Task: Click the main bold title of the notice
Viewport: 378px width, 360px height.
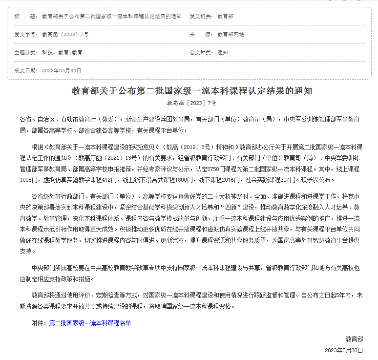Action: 191,91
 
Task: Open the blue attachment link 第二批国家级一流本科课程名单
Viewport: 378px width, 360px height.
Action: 90,323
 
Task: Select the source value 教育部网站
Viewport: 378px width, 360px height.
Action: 231,34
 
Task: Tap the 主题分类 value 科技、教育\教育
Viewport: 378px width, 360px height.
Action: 62,52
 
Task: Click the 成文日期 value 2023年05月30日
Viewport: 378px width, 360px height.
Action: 62,70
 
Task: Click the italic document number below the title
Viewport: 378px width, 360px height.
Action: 191,103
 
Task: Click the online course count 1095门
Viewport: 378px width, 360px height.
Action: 29,180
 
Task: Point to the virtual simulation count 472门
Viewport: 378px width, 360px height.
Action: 114,180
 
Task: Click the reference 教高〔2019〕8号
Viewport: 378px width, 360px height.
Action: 190,146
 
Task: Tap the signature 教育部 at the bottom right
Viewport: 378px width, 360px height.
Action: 354,339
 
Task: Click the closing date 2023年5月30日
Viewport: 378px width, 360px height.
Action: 344,350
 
